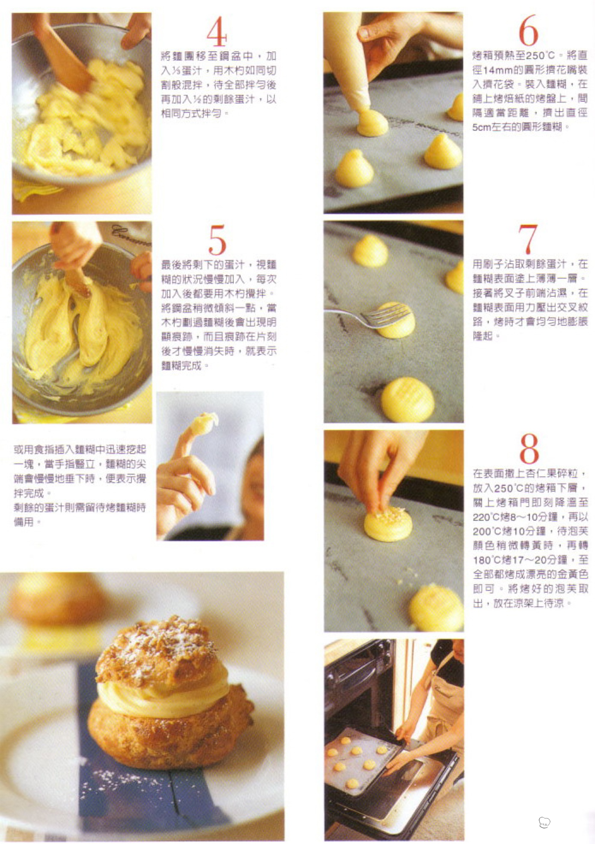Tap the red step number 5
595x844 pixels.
pyautogui.click(x=218, y=240)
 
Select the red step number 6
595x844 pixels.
pyautogui.click(x=528, y=30)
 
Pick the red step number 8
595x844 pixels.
pyautogui.click(x=529, y=448)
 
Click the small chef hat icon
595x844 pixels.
pyautogui.click(x=544, y=822)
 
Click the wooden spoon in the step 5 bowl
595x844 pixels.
pyautogui.click(x=78, y=279)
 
